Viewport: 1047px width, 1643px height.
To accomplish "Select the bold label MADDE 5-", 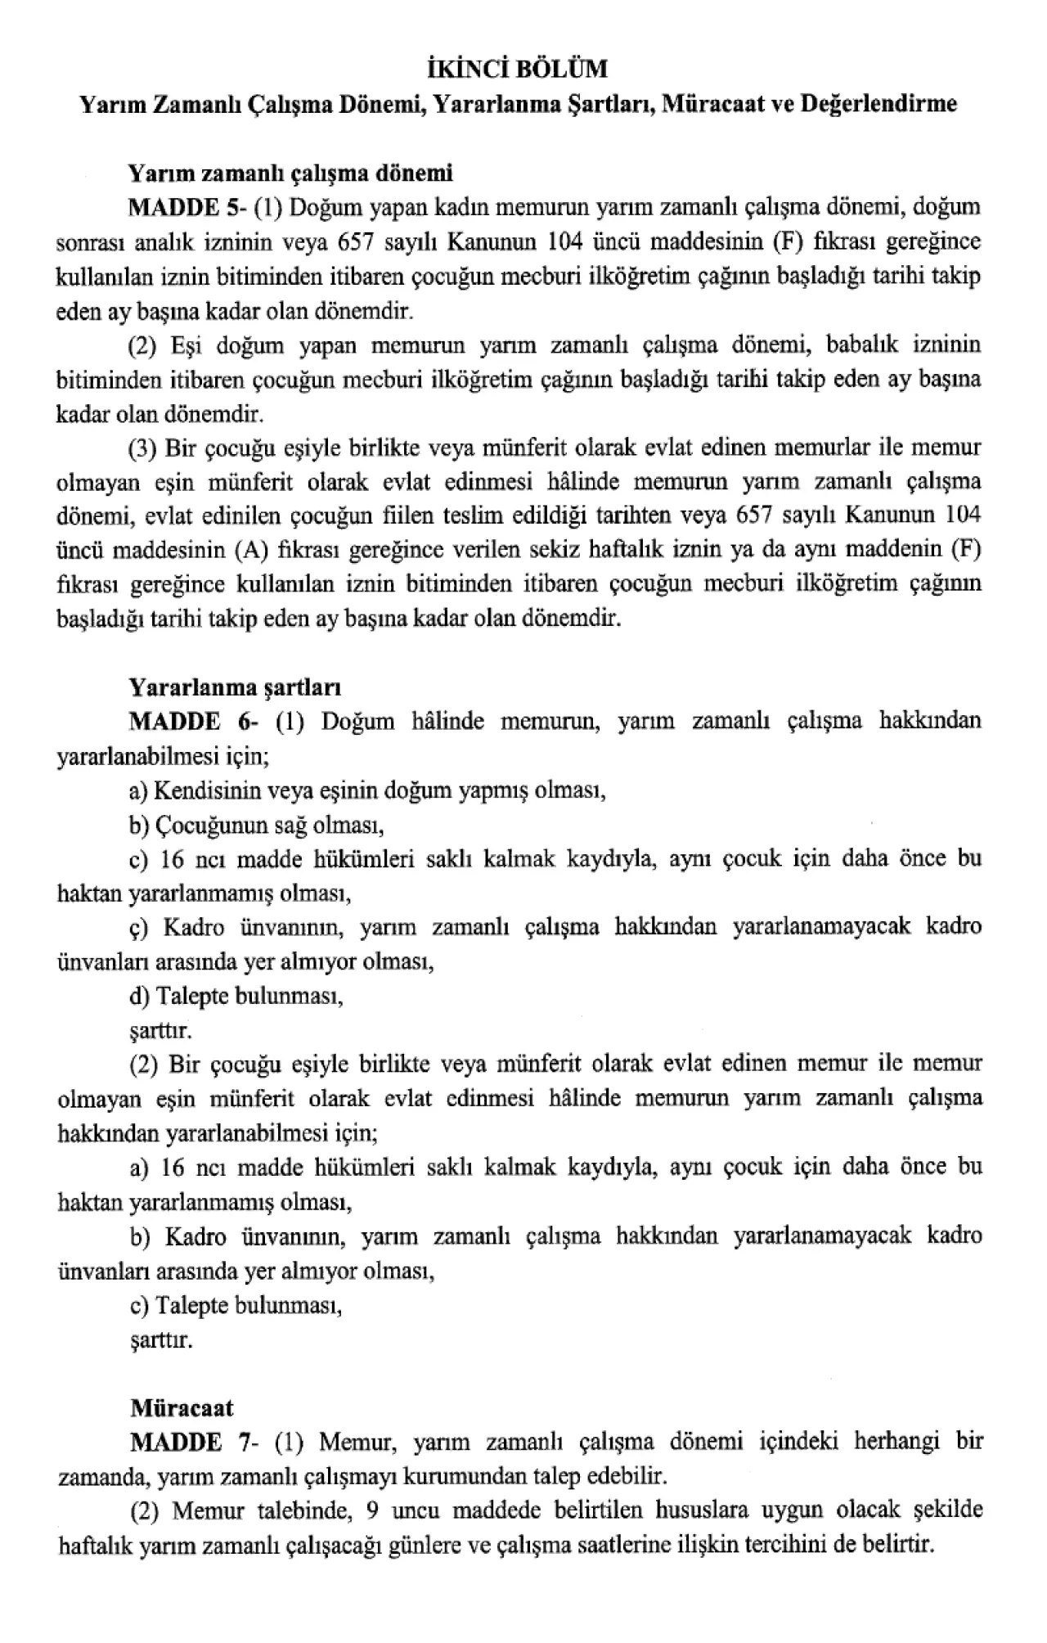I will point(187,207).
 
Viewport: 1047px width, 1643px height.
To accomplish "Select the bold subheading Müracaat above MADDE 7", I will point(182,1407).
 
